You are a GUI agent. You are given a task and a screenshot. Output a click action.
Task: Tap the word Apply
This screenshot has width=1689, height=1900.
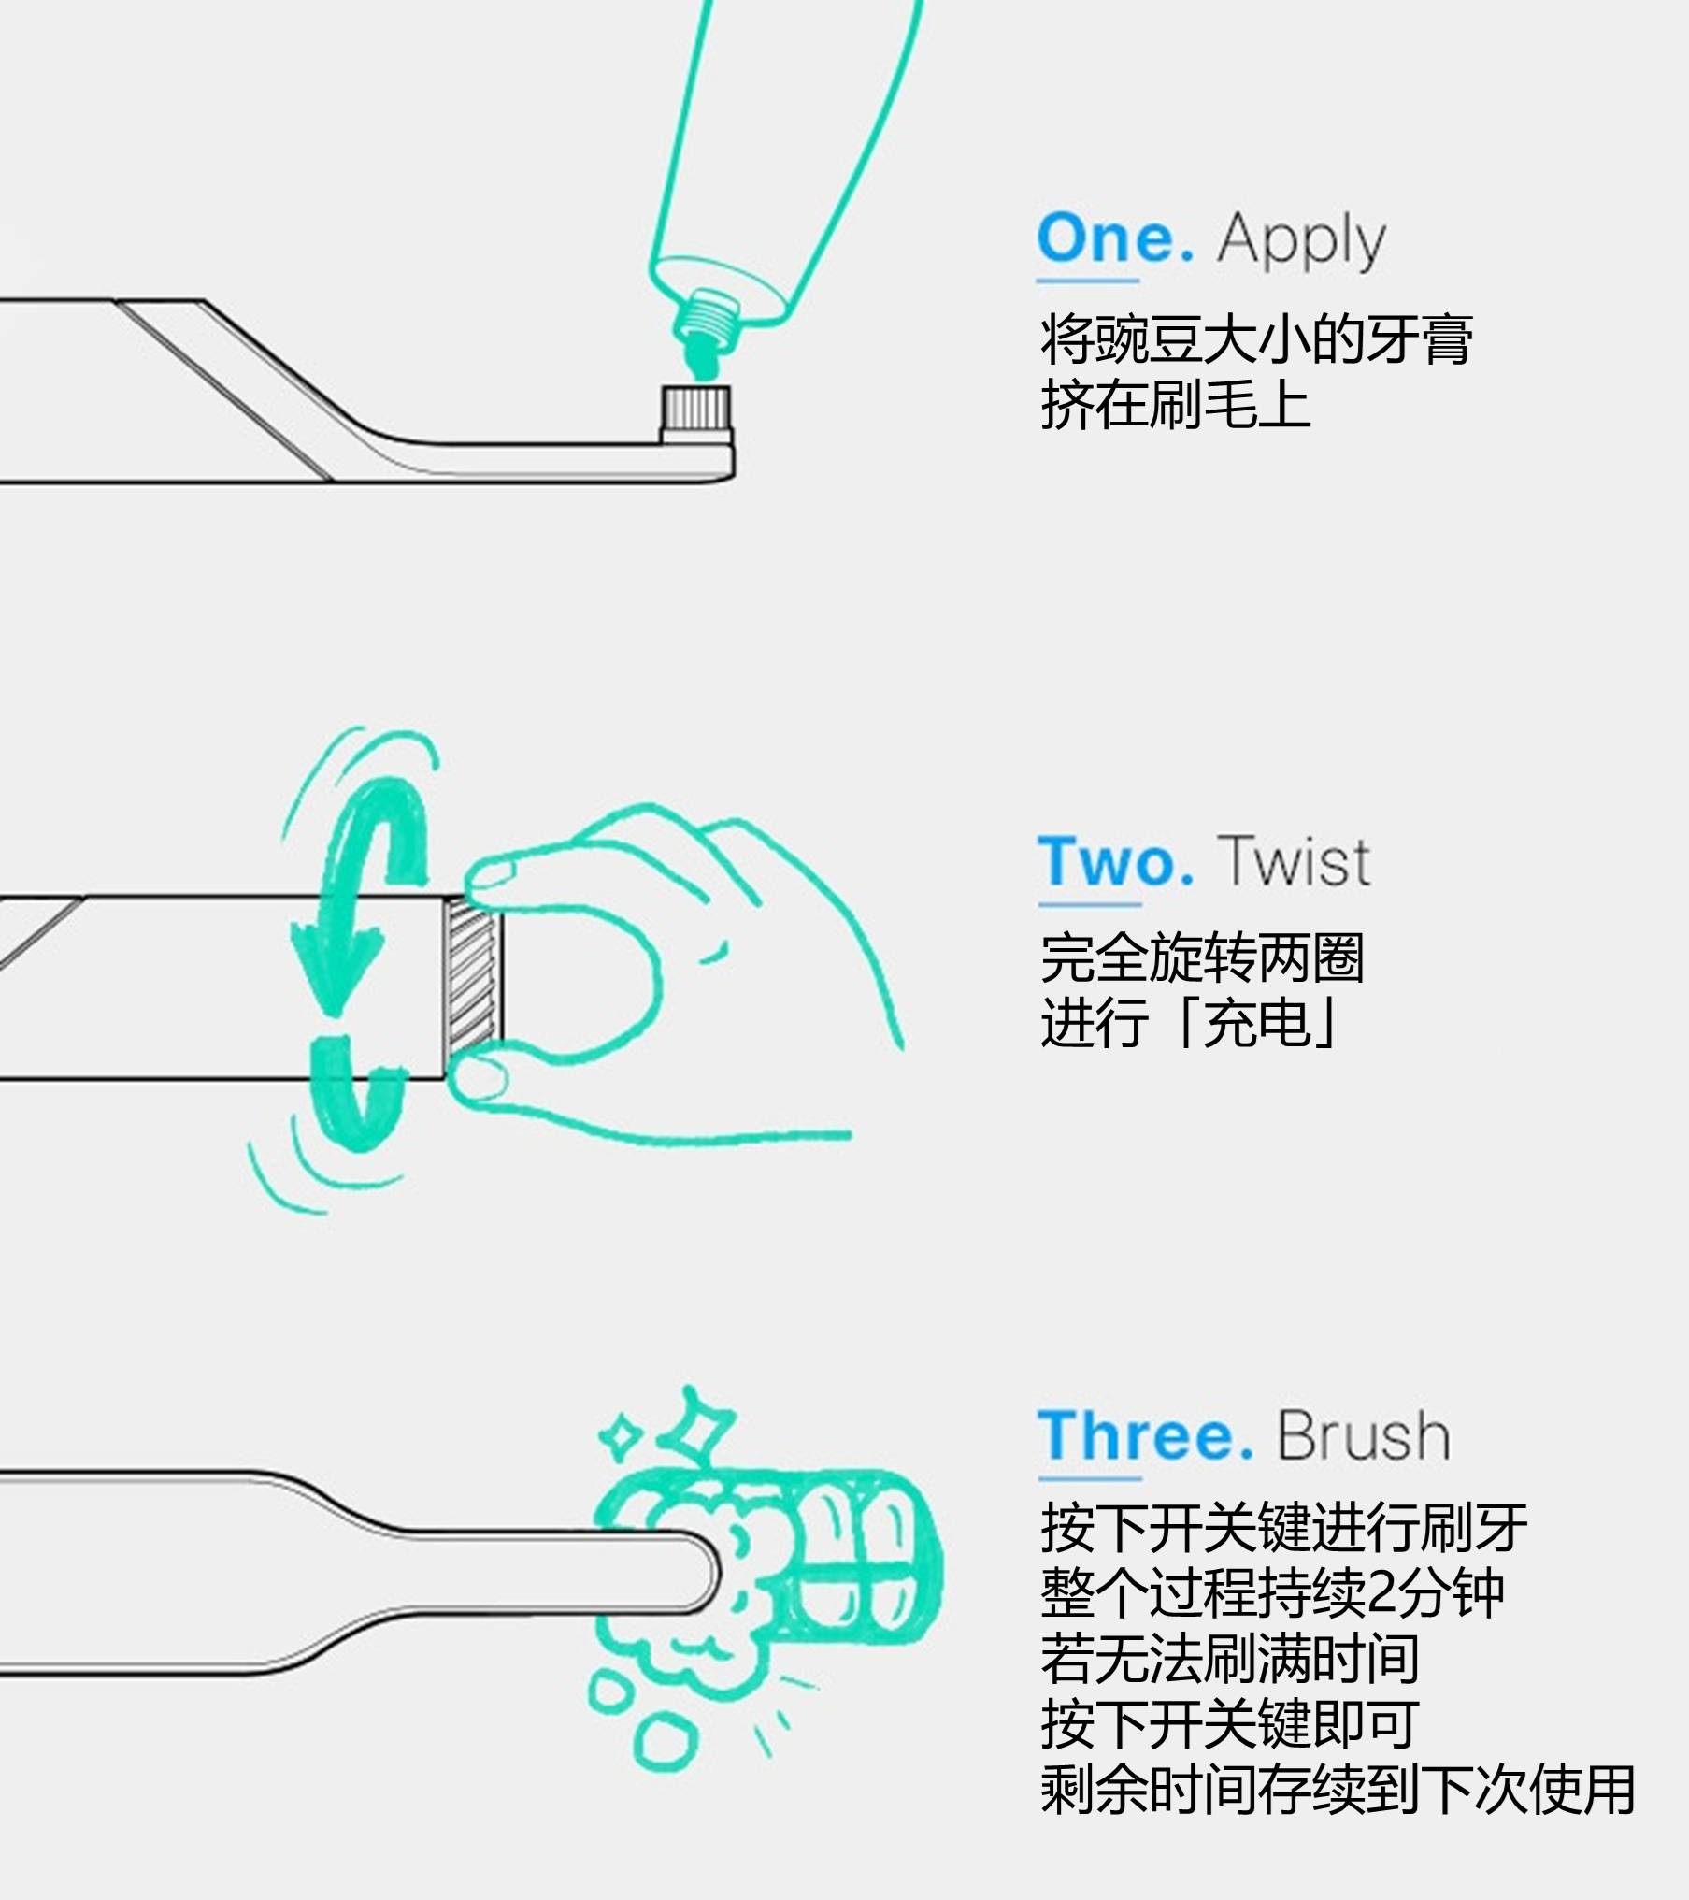pos(1301,242)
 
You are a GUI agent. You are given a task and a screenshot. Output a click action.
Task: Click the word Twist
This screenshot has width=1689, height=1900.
pos(1295,860)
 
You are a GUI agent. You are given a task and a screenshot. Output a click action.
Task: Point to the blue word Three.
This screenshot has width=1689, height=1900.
pos(1146,1435)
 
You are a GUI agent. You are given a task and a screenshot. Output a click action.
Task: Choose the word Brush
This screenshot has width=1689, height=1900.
pos(1364,1435)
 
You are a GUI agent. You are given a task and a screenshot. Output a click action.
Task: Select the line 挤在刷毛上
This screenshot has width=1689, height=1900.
pos(1175,404)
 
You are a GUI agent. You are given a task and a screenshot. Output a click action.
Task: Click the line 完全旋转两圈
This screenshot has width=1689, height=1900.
pos(1202,957)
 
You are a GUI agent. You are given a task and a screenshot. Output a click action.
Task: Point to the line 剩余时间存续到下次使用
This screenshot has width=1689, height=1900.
pos(1338,1789)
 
